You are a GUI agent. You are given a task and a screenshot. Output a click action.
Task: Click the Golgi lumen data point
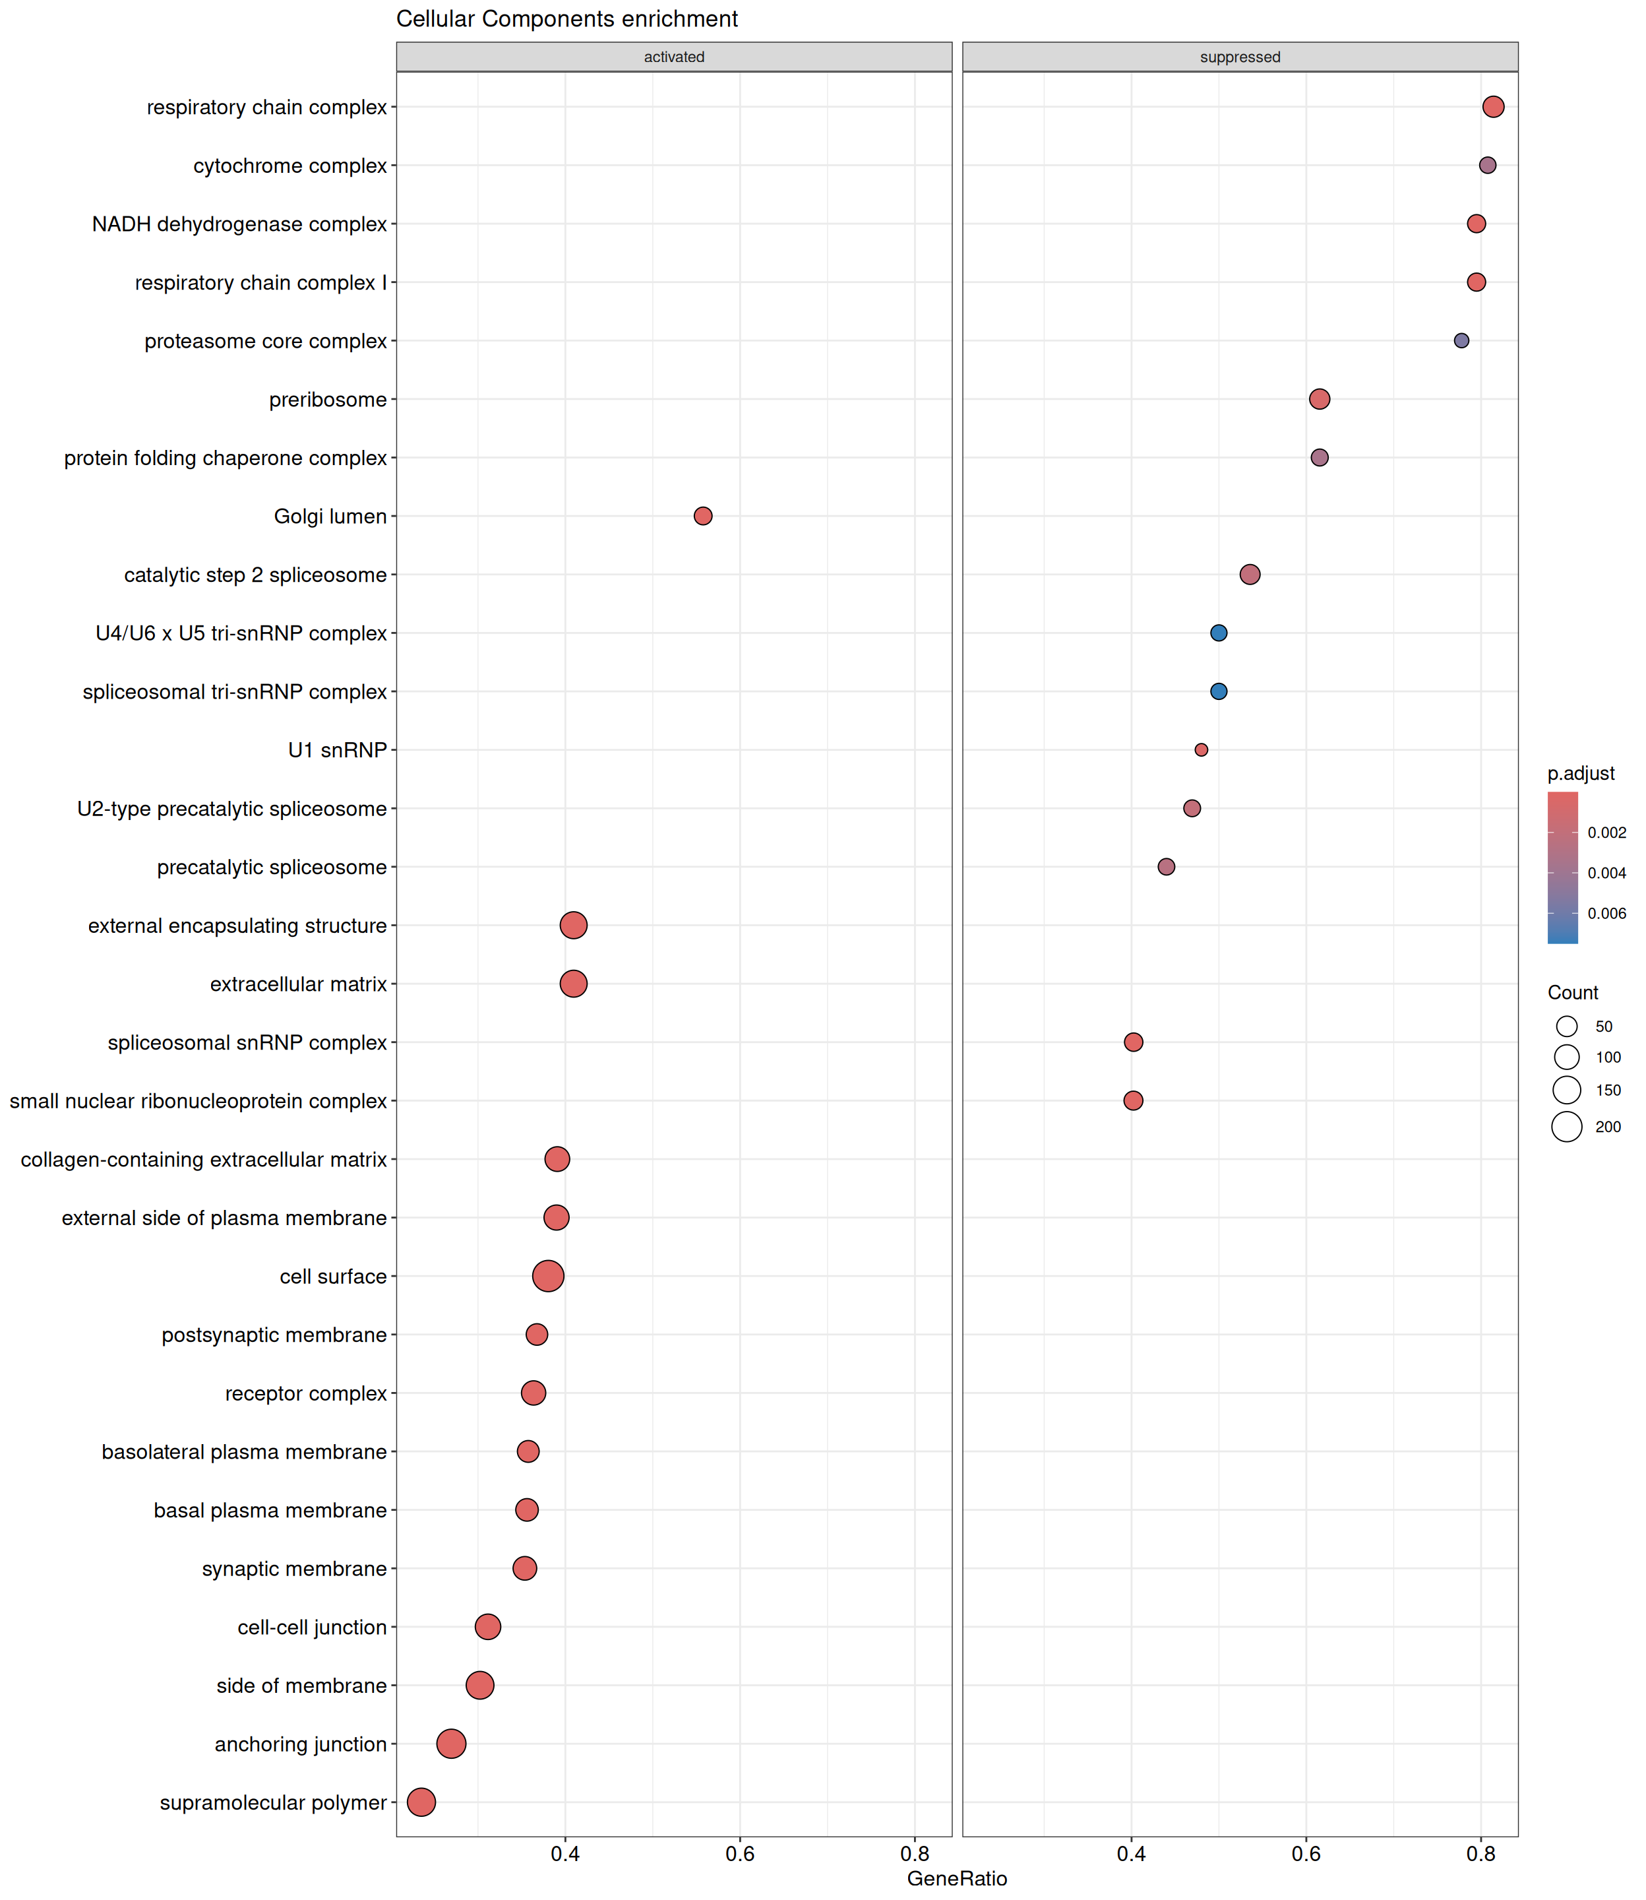coord(703,517)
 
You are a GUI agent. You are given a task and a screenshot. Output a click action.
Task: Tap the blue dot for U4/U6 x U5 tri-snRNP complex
coord(1218,633)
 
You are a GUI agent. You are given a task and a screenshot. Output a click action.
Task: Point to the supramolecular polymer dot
coord(421,1802)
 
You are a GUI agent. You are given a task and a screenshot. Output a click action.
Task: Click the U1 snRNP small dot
coord(1200,749)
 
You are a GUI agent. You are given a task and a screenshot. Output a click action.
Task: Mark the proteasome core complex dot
coord(1461,341)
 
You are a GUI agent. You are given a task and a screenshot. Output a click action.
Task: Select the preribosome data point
coord(1319,398)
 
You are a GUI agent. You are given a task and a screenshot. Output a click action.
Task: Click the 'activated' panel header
coord(673,57)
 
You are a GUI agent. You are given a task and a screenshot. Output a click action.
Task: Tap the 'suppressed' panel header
coord(1239,57)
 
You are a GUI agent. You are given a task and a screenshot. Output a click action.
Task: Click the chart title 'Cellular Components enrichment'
coord(566,19)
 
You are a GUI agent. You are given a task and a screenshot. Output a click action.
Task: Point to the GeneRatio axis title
coord(956,1879)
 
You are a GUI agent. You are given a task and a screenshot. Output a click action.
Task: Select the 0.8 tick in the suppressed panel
coord(1480,1854)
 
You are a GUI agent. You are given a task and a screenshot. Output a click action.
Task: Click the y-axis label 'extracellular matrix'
coord(299,984)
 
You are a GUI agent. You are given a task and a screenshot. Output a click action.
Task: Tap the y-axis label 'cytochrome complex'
coord(290,166)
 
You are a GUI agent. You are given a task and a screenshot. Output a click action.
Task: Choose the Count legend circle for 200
coord(1566,1126)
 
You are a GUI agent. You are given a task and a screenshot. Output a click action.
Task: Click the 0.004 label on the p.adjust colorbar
coord(1606,873)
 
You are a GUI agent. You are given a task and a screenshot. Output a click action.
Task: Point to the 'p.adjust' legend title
coord(1581,774)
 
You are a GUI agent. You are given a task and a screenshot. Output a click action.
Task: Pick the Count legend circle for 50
coord(1566,1027)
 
